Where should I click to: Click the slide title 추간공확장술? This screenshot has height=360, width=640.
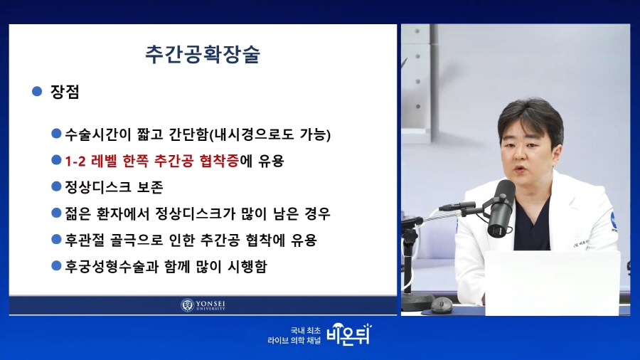[x=203, y=54]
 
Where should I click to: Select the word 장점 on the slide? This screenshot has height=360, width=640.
[x=65, y=92]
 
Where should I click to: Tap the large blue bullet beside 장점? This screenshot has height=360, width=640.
[x=37, y=91]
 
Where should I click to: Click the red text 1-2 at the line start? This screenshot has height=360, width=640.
[x=75, y=162]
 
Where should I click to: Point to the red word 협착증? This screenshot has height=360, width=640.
[x=219, y=161]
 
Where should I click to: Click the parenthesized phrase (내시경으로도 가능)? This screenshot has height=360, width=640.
[x=270, y=134]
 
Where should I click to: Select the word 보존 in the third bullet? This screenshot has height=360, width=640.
[x=150, y=187]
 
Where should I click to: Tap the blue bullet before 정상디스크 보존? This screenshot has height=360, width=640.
[x=56, y=186]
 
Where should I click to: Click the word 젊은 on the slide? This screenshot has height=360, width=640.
[x=78, y=213]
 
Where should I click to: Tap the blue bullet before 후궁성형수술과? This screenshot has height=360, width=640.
[x=56, y=266]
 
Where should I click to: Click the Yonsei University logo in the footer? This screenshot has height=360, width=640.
[x=203, y=305]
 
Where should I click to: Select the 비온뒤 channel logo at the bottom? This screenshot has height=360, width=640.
[x=349, y=334]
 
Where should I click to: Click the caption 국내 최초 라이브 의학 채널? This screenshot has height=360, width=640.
[x=294, y=336]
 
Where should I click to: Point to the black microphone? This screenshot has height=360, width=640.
[x=501, y=208]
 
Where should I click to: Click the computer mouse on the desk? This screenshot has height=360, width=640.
[x=441, y=305]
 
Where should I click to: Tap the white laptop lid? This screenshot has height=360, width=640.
[x=552, y=283]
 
